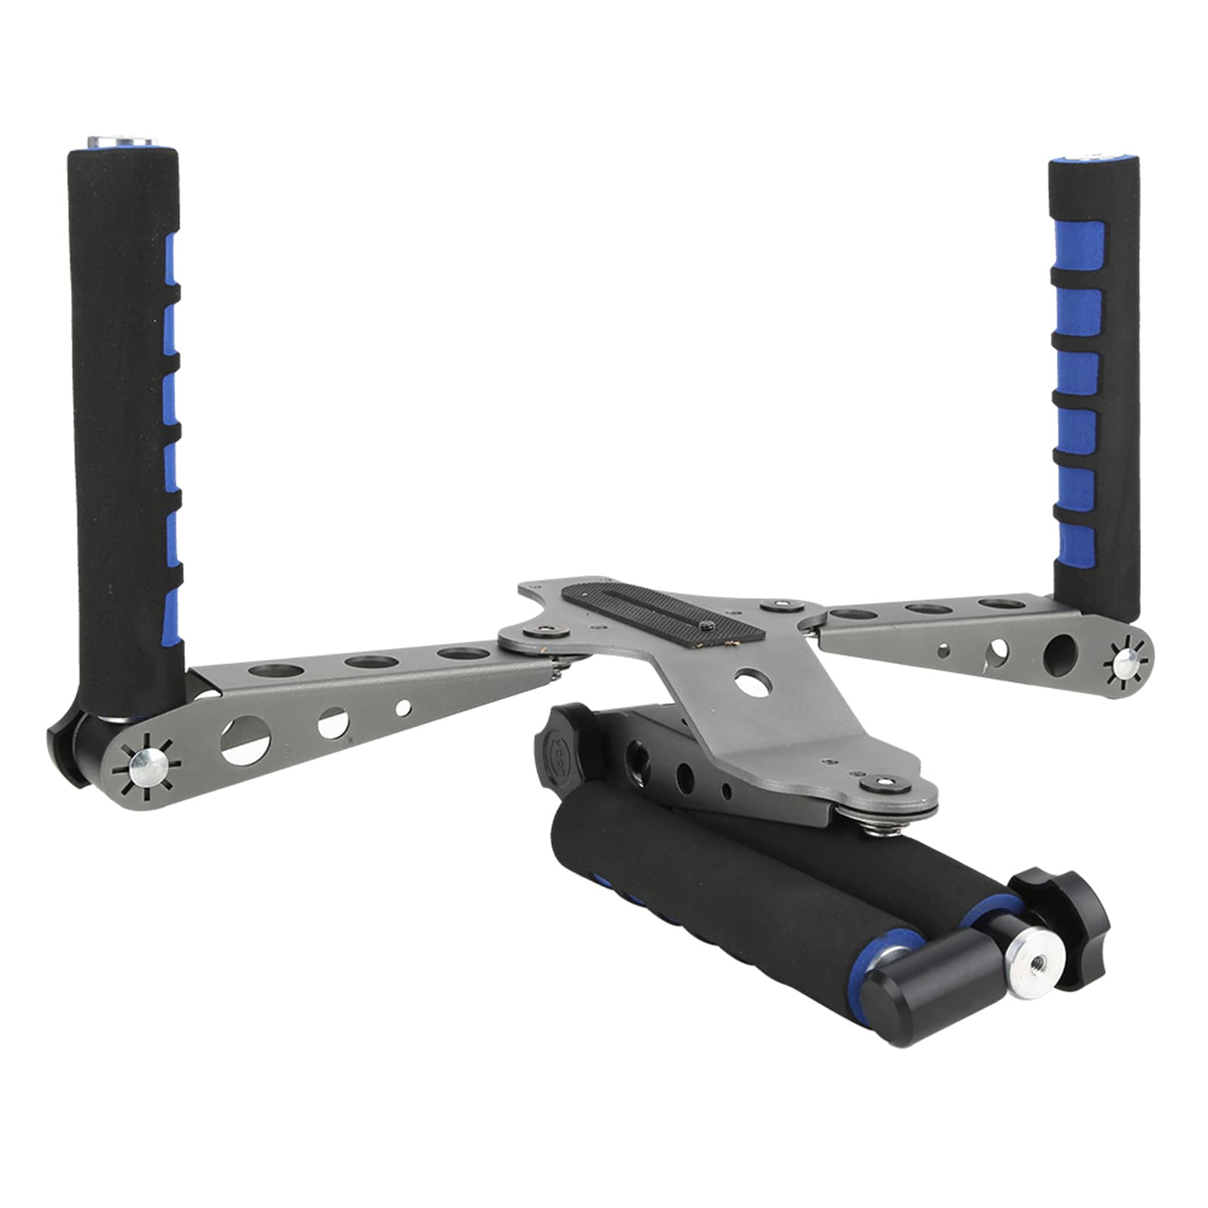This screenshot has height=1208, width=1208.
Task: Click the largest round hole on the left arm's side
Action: (244, 740)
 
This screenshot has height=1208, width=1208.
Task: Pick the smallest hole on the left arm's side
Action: (403, 708)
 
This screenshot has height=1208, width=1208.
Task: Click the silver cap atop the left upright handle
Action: (121, 142)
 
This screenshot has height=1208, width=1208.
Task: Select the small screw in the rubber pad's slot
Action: (706, 626)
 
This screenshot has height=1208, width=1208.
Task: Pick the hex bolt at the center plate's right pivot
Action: (779, 607)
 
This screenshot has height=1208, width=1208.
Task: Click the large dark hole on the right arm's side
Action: (1059, 655)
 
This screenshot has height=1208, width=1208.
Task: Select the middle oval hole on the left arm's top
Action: (371, 662)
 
